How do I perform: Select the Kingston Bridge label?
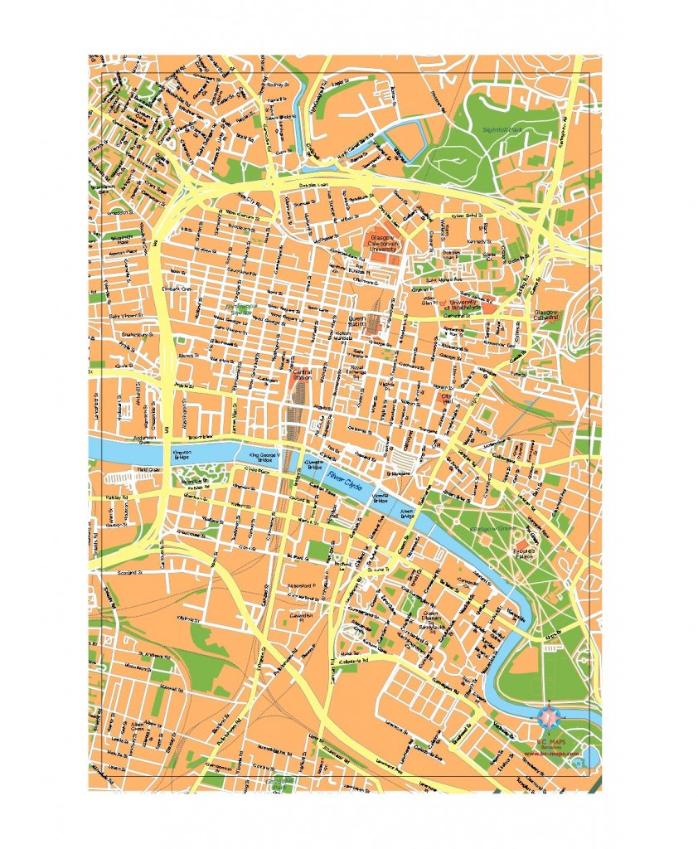coord(182,455)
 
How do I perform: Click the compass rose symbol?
coord(548,715)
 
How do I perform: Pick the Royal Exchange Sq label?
coord(358,368)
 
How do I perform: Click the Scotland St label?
coord(119,571)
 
